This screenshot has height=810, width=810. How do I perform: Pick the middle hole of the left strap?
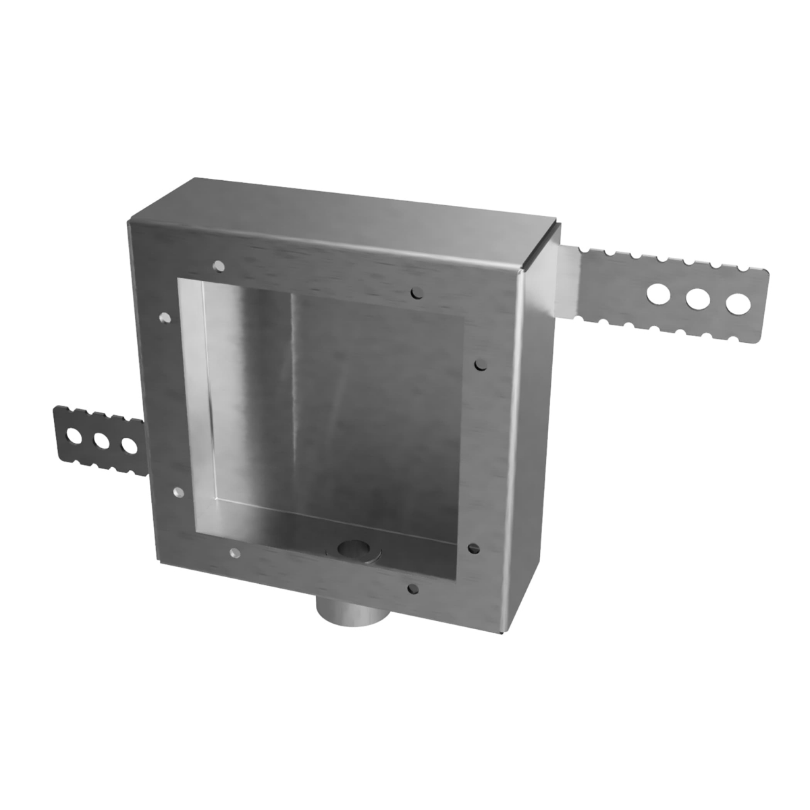(102, 441)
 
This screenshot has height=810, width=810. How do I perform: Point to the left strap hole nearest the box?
(128, 446)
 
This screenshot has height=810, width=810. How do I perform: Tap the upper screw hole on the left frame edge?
(164, 317)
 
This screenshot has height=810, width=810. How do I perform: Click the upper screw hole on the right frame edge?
(480, 364)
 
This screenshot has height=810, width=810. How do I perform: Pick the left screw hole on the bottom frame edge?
(234, 554)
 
